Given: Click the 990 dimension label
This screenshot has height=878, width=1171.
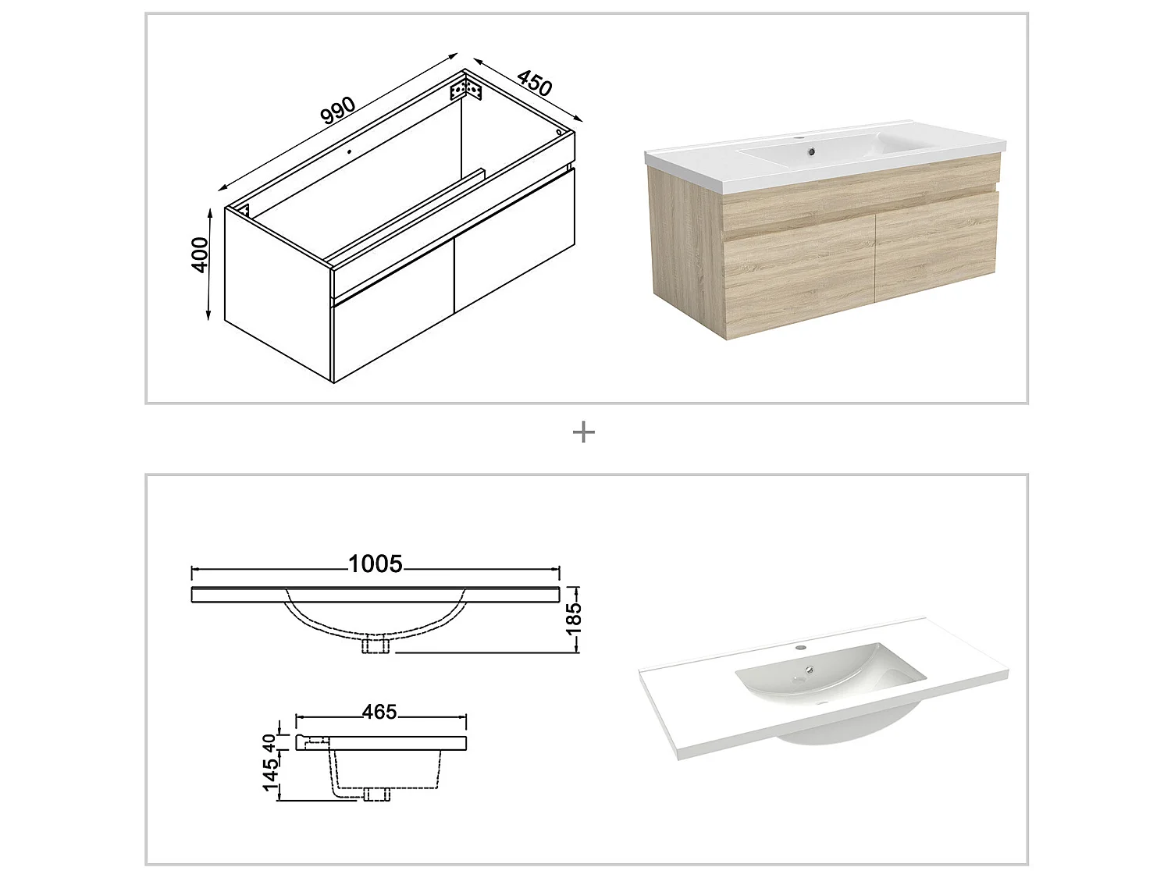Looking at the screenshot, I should (x=338, y=112).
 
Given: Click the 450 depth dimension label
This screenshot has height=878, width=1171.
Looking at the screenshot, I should (x=535, y=83).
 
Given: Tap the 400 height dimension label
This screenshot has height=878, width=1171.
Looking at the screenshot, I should (x=200, y=254).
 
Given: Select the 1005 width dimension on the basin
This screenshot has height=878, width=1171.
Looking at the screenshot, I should (x=376, y=563).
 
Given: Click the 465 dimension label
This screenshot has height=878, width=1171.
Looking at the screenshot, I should (x=379, y=712).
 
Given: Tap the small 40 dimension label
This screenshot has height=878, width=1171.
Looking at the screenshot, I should (x=270, y=742).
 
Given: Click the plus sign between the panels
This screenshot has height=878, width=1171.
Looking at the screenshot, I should (x=584, y=432).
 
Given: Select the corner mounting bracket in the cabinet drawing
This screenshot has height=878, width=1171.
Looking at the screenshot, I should (x=468, y=88).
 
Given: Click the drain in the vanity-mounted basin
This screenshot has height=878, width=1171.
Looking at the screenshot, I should (x=812, y=151).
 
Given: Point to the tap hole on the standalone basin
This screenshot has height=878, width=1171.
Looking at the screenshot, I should (x=799, y=648).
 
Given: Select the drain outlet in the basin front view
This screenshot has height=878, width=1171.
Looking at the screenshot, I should (x=377, y=646).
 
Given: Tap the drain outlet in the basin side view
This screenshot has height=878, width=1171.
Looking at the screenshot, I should (x=377, y=794).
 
